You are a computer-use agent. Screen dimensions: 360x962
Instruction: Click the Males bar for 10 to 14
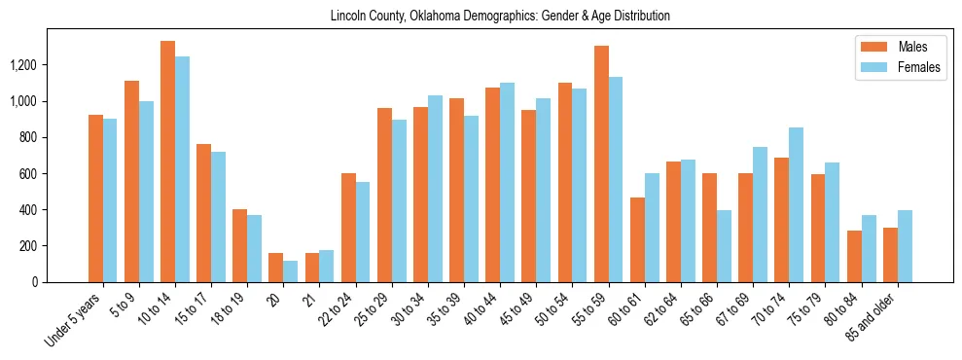click(167, 162)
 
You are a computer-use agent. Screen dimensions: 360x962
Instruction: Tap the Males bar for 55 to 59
click(601, 163)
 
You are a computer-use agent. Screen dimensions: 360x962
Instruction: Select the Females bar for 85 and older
click(905, 246)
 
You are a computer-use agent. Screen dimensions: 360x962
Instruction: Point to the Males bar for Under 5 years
click(95, 198)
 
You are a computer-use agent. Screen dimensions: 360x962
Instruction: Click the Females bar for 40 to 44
click(507, 182)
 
